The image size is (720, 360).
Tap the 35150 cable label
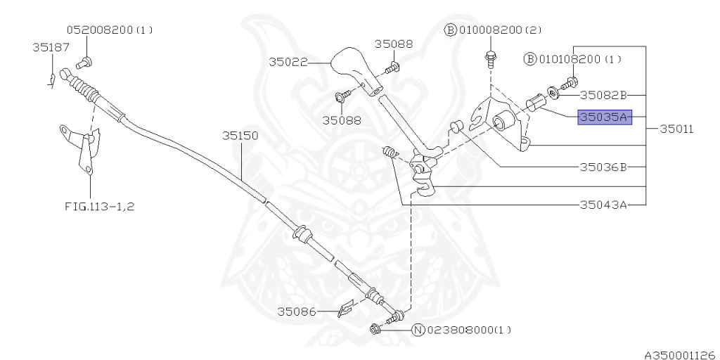240,135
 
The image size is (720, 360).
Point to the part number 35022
288,62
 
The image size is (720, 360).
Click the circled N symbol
417,330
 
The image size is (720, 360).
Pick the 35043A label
603,205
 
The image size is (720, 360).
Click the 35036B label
603,167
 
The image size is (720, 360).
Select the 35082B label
603,94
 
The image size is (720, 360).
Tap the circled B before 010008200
450,30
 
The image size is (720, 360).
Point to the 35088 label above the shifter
393,44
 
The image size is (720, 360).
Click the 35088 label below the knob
342,120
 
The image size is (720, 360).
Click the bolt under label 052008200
81,63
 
